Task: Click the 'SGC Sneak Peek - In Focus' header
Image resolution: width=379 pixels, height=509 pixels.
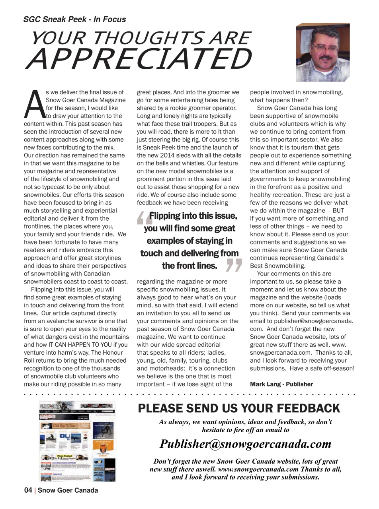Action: pyautogui.click(x=74, y=19)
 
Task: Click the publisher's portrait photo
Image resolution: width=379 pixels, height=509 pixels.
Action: pyautogui.click(x=322, y=52)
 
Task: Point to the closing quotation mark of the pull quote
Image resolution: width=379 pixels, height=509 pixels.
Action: pyautogui.click(x=234, y=265)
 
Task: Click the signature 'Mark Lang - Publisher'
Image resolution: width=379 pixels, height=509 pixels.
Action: pyautogui.click(x=281, y=384)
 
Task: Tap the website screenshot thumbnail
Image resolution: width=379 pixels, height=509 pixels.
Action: pyautogui.click(x=77, y=441)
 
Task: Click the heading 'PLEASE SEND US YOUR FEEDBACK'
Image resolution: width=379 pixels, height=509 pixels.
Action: pyautogui.click(x=239, y=408)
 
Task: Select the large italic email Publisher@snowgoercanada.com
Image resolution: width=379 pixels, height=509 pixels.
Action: pyautogui.click(x=245, y=444)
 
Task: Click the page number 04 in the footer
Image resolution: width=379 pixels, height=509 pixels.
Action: pyautogui.click(x=28, y=490)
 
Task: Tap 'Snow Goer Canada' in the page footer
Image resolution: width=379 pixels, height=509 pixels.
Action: pyautogui.click(x=68, y=490)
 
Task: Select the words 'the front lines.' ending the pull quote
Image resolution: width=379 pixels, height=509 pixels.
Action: pyautogui.click(x=189, y=265)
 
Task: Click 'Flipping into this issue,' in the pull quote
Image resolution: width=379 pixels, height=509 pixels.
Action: pyautogui.click(x=193, y=216)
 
